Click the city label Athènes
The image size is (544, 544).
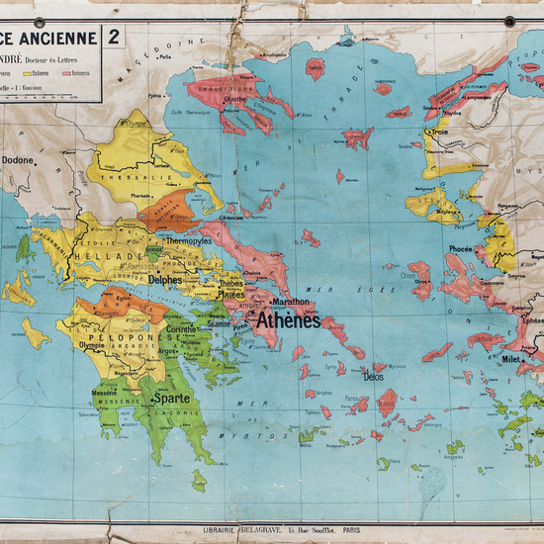(x=289, y=321)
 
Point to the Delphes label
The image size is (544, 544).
(x=164, y=280)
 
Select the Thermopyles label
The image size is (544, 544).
(x=188, y=240)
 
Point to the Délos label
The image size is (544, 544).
(x=373, y=377)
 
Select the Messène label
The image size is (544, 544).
(x=105, y=393)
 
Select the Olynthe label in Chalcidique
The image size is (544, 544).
(x=235, y=100)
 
